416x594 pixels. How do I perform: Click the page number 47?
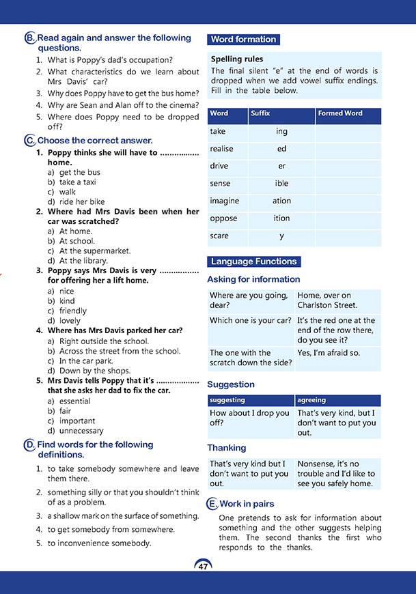[203, 567]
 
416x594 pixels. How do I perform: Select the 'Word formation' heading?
[243, 40]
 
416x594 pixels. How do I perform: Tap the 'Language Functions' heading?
[253, 261]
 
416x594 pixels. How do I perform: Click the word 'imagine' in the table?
[224, 201]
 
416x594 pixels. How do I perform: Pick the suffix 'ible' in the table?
[281, 183]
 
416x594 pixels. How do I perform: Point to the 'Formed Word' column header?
[339, 113]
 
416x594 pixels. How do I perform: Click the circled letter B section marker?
[30, 39]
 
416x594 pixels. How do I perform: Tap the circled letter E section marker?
[212, 504]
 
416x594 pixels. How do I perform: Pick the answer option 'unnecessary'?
[81, 431]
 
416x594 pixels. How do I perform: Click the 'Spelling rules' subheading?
[237, 59]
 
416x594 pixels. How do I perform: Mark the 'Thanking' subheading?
[227, 448]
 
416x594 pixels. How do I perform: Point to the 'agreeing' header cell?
[311, 400]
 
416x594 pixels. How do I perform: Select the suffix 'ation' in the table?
[281, 201]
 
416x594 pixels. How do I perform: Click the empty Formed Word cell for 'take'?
[348, 131]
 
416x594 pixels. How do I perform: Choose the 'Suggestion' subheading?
[231, 384]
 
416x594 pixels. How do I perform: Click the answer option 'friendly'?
[73, 311]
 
